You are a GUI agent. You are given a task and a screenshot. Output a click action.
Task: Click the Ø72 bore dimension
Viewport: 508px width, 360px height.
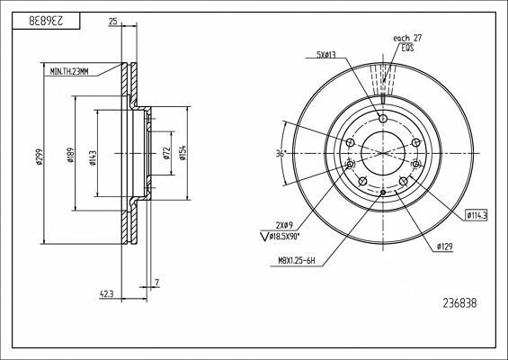point(167,153)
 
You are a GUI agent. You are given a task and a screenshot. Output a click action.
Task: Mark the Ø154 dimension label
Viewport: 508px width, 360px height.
point(183,154)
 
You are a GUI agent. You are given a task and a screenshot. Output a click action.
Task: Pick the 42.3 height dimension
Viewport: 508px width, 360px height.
point(107,293)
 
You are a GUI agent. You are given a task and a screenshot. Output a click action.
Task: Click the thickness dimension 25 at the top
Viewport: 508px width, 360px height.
point(112,21)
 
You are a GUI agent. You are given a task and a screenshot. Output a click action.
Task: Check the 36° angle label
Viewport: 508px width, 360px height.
point(281,154)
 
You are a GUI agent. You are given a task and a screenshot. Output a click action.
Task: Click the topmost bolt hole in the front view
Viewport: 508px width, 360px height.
point(383,119)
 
